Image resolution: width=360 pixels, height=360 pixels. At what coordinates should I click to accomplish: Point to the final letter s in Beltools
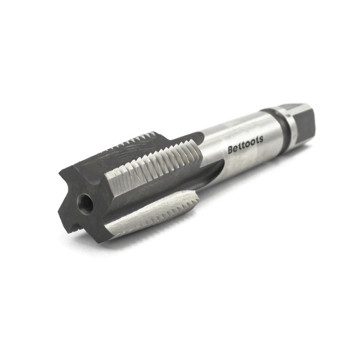(261, 140)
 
